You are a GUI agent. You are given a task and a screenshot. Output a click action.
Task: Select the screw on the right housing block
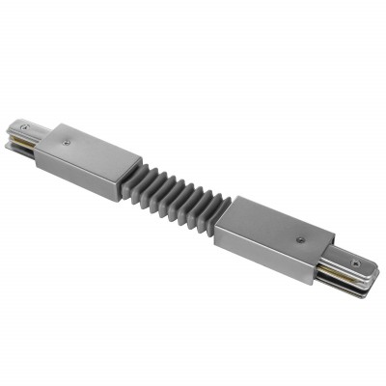point(299,238)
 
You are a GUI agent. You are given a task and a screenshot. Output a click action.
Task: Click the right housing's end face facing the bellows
point(221,232)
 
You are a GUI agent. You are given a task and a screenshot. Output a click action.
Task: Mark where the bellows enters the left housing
point(124,174)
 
